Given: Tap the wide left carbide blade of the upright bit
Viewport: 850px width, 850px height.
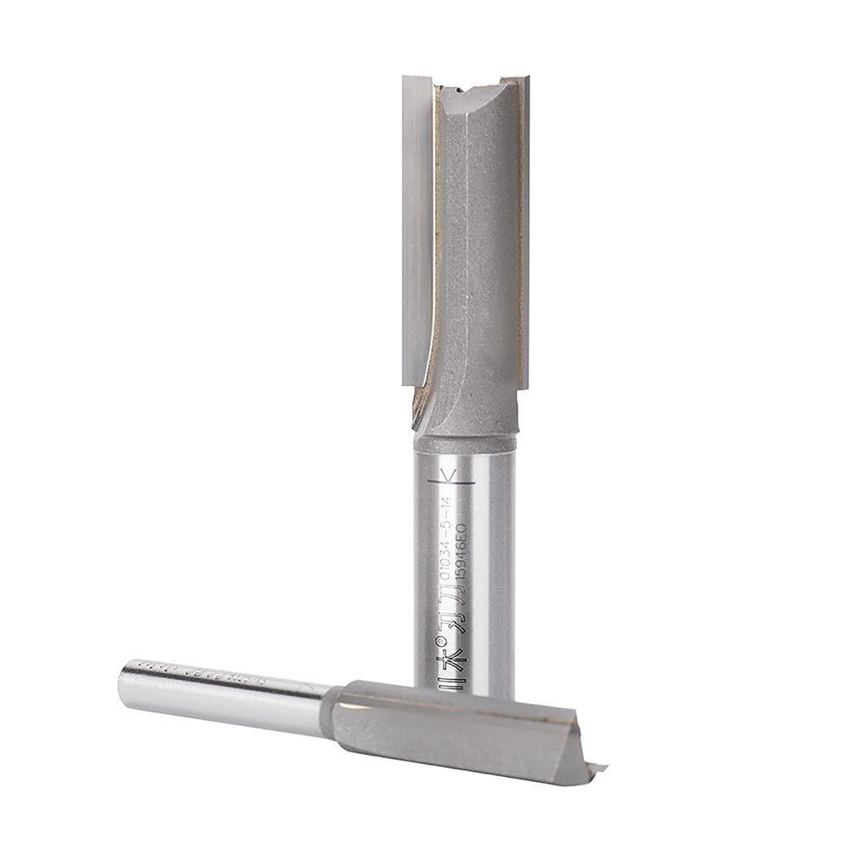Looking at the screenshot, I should (417, 229).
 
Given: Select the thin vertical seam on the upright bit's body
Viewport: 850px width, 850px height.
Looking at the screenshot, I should (466, 255).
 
